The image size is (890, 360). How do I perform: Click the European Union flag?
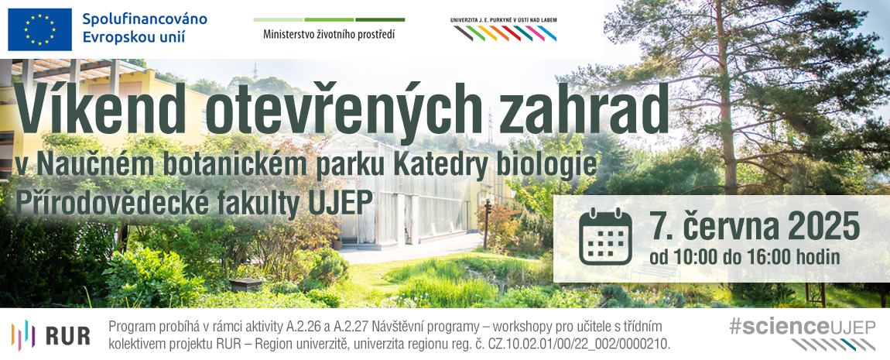[39, 29]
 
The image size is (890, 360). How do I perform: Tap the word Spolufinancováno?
[145, 19]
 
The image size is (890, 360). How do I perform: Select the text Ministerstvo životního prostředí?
[329, 35]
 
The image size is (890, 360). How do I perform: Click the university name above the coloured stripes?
[504, 20]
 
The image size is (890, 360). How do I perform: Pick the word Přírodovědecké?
[112, 204]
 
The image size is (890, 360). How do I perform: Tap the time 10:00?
[693, 257]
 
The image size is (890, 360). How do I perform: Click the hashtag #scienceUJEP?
[802, 327]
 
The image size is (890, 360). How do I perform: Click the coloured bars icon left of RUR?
[23, 335]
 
